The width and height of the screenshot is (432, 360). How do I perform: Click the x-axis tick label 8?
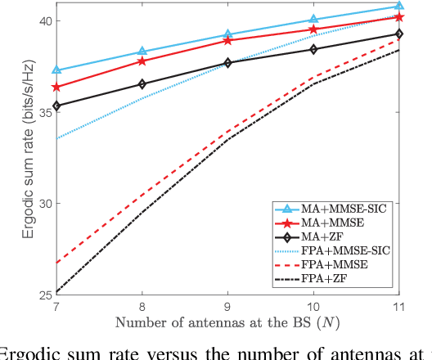142,304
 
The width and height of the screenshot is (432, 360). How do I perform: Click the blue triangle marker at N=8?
142,52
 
